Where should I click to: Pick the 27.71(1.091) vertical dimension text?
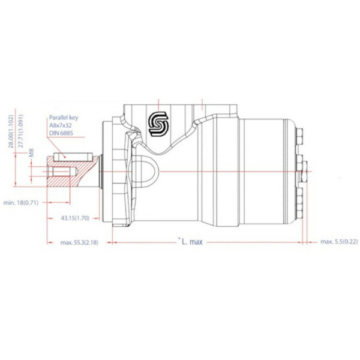pos(22,130)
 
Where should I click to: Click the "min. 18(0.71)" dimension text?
pos(21,203)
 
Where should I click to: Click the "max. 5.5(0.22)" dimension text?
pos(338,241)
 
